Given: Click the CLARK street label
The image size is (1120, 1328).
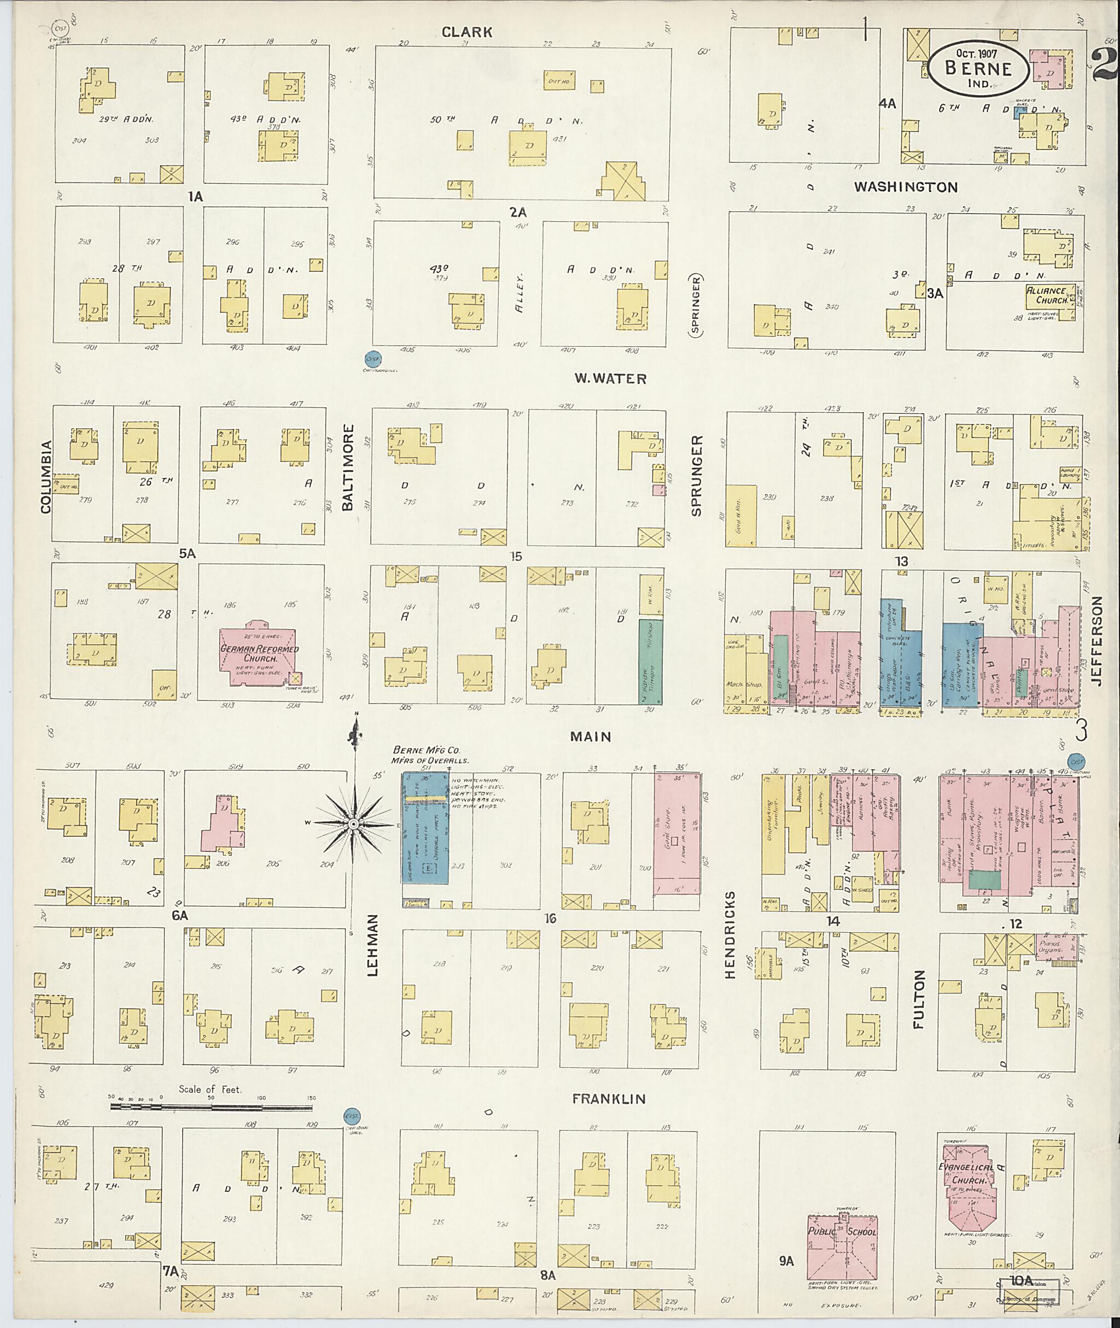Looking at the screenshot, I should (x=466, y=32).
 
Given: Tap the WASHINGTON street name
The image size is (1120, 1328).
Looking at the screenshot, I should (x=906, y=186).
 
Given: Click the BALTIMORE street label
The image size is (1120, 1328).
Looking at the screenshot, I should (x=347, y=473).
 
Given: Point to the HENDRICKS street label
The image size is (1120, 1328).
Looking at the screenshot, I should (x=730, y=934).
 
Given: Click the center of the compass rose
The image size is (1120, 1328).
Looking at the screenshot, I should (x=354, y=824).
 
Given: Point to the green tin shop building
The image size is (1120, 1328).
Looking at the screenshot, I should (x=650, y=662).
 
